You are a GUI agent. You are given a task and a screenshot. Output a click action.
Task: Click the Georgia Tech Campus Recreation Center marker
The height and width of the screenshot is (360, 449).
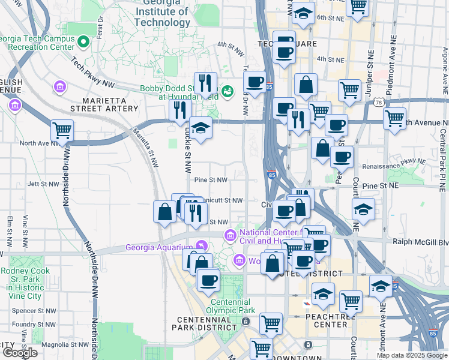tap(84, 43)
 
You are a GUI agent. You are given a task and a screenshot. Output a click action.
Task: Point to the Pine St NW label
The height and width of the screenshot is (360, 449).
tap(211, 179)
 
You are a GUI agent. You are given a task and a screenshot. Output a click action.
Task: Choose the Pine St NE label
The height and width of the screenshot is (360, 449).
tap(381, 186)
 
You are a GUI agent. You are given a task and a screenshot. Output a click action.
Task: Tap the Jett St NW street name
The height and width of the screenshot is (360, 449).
tap(41, 184)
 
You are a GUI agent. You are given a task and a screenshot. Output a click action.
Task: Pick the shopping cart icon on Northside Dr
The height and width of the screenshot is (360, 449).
tap(62, 130)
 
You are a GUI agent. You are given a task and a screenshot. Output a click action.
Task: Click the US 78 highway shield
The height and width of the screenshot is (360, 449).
tap(379, 103)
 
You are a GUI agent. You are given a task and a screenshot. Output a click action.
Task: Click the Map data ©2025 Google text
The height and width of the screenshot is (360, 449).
tap(412, 355)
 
